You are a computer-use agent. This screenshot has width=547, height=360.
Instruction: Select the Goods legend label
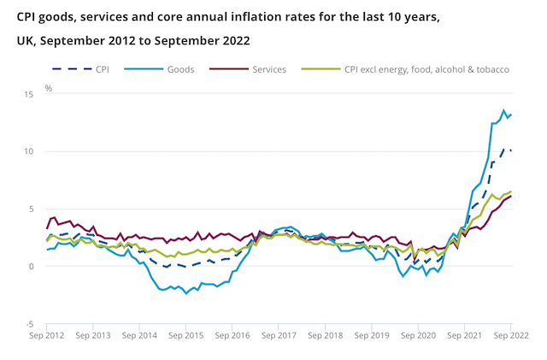pos(180,68)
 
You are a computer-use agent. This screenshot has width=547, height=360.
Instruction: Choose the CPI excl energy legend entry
pos(427,68)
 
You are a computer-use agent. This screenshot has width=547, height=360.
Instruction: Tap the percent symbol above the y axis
pos(48,88)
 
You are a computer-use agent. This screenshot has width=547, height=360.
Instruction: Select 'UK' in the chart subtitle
pos(24,41)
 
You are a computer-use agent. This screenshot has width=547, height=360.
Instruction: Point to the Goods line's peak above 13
pos(503,110)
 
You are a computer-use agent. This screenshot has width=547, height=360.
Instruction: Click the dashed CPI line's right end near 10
pos(511,150)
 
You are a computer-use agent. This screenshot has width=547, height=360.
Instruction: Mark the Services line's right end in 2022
pos(511,196)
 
